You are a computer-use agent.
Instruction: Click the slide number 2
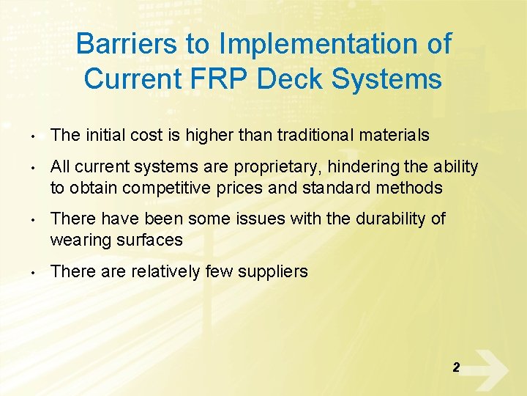pyautogui.click(x=456, y=367)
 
